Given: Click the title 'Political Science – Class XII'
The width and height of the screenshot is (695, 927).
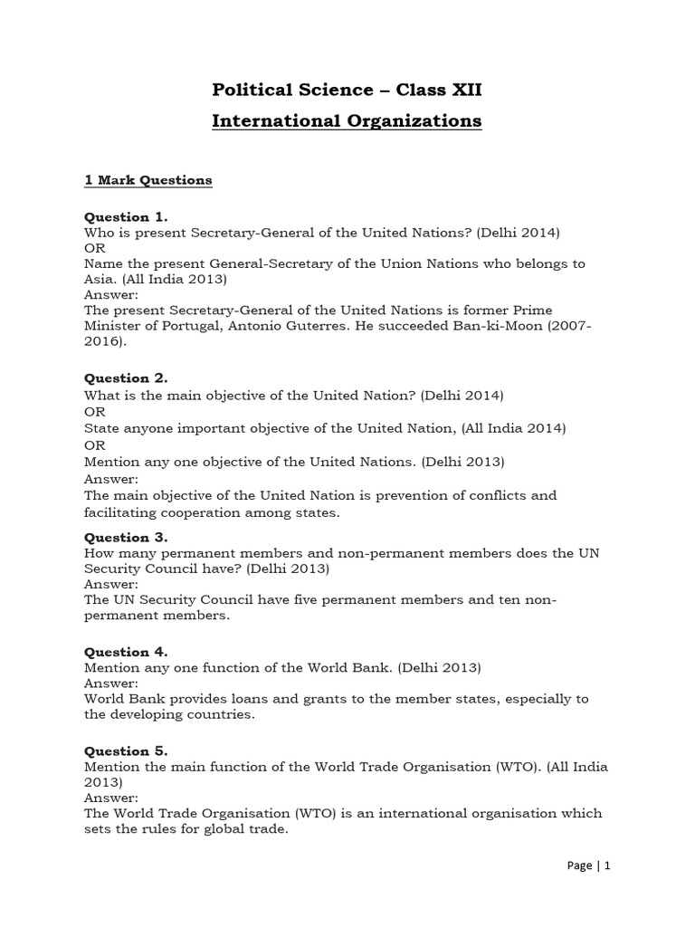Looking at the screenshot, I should [347, 89].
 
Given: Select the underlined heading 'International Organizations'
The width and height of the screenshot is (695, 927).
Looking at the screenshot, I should [347, 120].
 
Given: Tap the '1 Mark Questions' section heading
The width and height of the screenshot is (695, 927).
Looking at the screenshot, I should [148, 180].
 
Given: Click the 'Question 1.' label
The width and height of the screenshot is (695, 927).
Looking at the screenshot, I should [126, 217].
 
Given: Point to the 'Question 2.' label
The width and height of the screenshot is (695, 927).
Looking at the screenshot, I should [126, 378].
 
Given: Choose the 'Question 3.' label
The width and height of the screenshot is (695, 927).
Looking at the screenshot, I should [126, 538].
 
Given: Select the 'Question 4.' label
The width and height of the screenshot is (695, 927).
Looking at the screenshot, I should [126, 652].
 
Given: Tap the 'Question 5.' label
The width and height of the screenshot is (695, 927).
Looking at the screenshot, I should [126, 751].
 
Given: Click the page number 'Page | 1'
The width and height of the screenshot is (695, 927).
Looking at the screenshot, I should [588, 865].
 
